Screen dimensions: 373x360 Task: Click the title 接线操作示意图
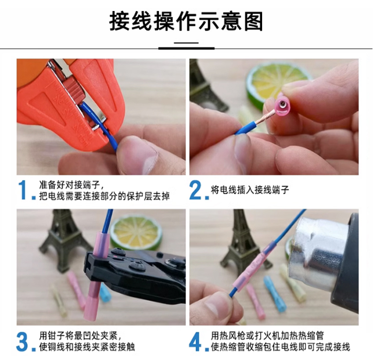[x=186, y=22]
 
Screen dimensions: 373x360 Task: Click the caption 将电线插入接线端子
[x=250, y=190]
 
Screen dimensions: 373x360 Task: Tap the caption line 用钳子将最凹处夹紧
[x=78, y=336]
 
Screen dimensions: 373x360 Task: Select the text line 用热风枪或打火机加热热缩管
[x=267, y=336]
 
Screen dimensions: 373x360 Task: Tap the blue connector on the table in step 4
[x=273, y=293]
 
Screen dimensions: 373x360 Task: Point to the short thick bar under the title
[x=186, y=48]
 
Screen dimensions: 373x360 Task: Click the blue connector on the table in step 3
[x=105, y=293]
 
